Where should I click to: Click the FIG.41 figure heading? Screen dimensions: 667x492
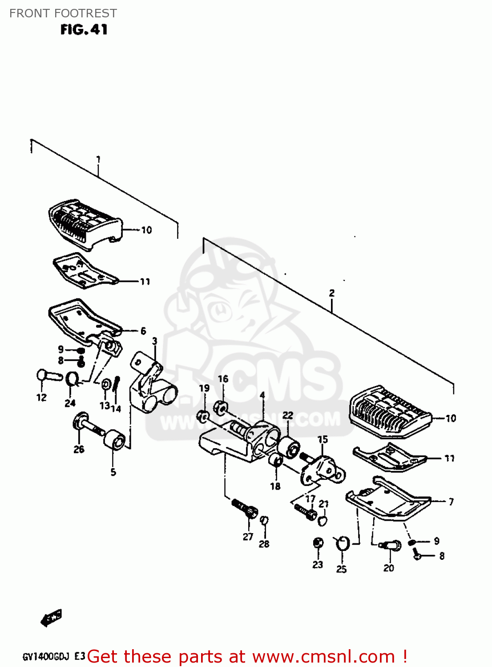coord(84,30)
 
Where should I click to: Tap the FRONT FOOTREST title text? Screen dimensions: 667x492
coord(63,13)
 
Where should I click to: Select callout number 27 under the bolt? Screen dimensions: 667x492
coord(248,537)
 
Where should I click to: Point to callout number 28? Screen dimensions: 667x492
coord(264,544)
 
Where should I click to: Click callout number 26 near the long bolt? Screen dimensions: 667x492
coord(79,450)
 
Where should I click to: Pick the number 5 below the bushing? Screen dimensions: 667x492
coord(113,472)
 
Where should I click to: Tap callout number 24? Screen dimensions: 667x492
coord(70,403)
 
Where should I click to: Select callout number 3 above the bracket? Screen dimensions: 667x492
coord(154,342)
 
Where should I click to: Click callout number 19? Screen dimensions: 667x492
coord(204,388)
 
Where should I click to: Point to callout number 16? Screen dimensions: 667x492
coord(223,379)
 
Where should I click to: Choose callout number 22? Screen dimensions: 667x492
coord(288,415)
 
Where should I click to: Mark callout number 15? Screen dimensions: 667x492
coord(323,439)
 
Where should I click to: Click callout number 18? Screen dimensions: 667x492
coord(275,486)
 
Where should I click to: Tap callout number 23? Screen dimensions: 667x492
coord(318,565)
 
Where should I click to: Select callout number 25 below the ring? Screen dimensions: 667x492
coord(341,569)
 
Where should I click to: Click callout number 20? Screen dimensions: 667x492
coord(389,568)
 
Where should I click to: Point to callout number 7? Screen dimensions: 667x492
coord(451,502)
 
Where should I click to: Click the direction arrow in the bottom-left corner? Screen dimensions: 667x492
coord(51,618)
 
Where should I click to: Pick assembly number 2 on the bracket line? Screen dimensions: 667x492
coord(332,293)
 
